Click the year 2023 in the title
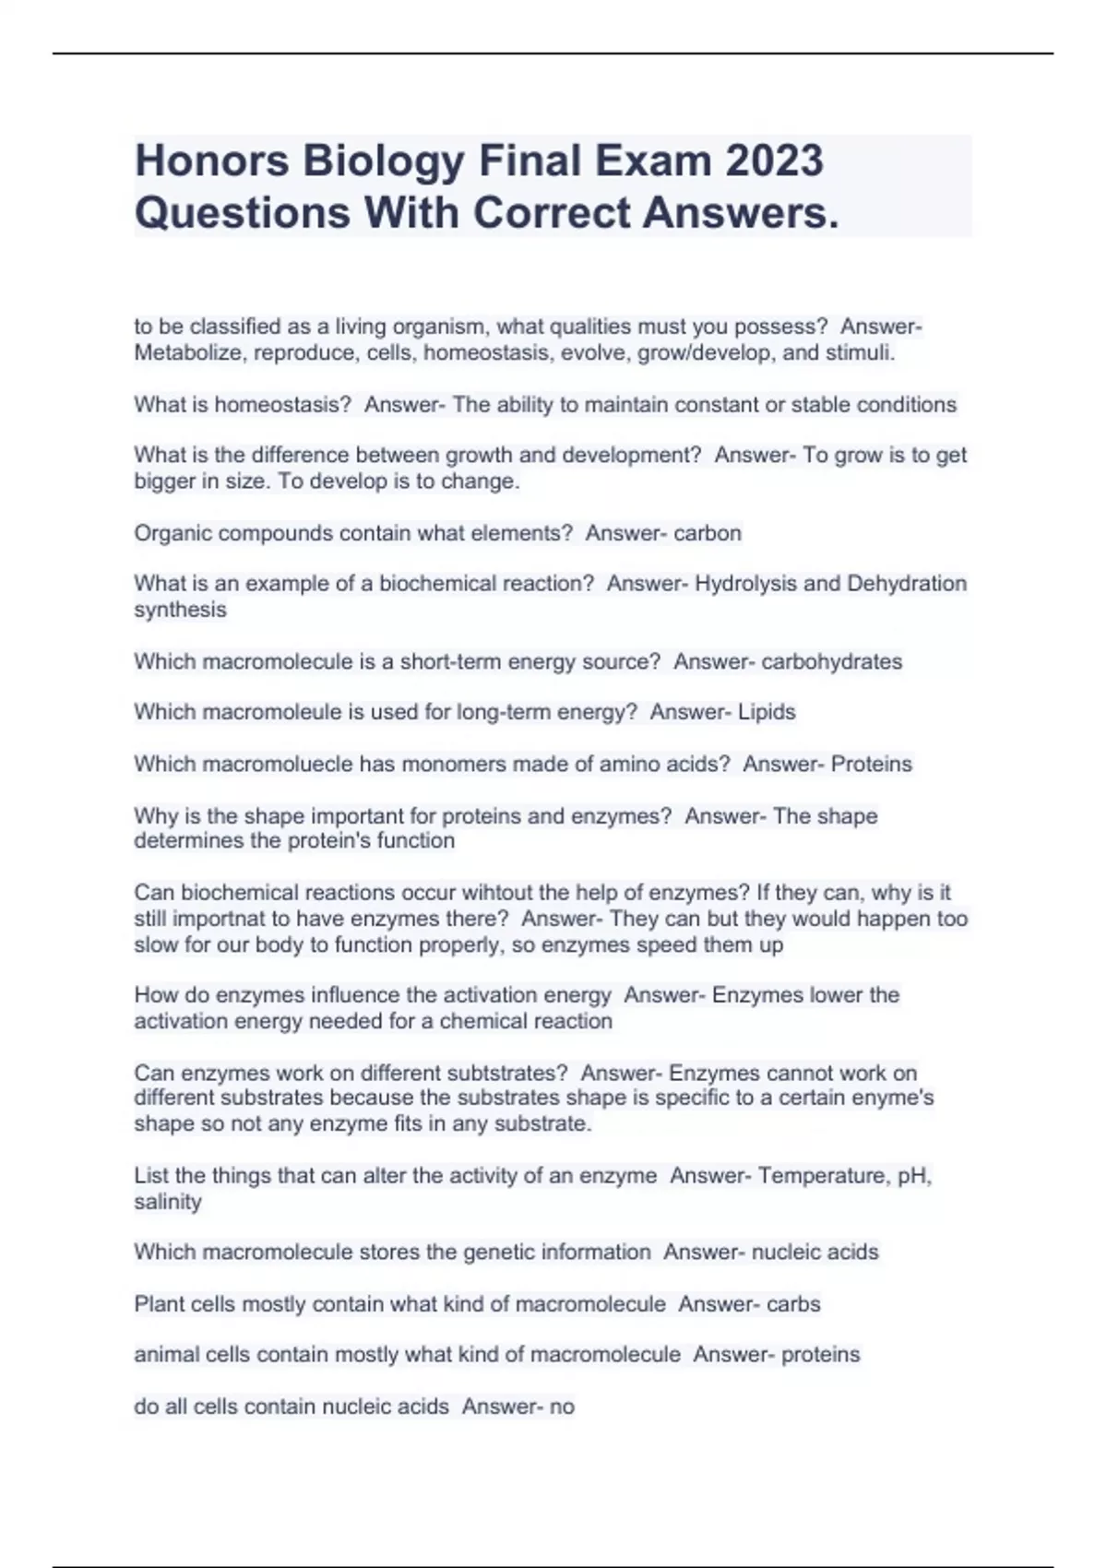774,160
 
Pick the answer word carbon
708,533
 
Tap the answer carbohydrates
831,661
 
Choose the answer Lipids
767,712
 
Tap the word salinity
168,1202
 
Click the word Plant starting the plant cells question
159,1304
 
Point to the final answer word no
561,1407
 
